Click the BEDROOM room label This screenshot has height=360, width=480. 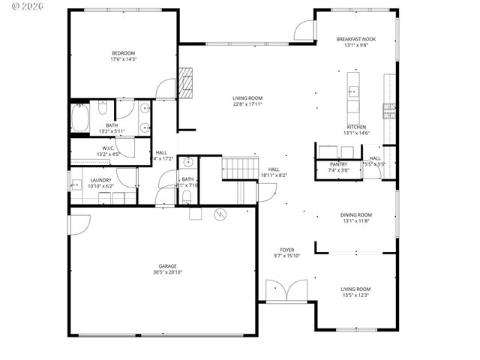tap(124, 52)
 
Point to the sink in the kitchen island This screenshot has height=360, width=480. tap(352, 92)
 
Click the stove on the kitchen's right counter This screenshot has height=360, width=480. tap(389, 111)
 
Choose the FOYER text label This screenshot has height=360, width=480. tap(287, 250)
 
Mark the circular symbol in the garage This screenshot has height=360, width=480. tap(220, 214)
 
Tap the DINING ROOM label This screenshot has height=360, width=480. tap(356, 215)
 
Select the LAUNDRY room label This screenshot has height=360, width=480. tap(101, 180)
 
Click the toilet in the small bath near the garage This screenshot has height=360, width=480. tap(186, 197)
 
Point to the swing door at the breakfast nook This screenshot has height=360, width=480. tap(303, 31)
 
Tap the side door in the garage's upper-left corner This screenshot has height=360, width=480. tap(79, 223)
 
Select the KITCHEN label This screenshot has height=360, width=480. tap(356, 127)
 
